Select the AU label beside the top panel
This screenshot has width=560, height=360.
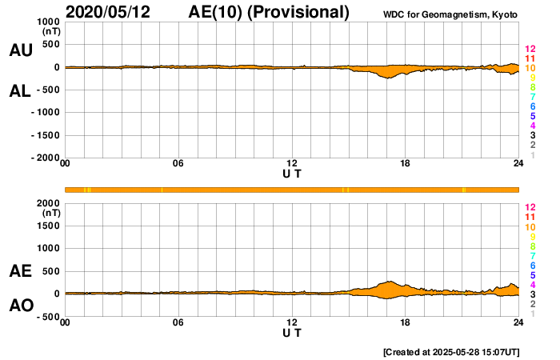(x=20, y=50)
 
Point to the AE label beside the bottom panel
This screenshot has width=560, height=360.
(x=20, y=271)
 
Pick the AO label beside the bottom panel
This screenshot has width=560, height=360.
(x=20, y=306)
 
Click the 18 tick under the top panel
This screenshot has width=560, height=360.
(x=406, y=165)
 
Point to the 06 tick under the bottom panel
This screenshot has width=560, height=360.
(x=178, y=323)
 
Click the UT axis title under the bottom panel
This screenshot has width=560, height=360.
(x=292, y=332)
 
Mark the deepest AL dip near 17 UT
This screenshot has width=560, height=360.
(x=390, y=78)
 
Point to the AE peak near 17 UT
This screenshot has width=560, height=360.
(x=390, y=282)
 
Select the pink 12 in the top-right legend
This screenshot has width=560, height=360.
(x=530, y=50)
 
